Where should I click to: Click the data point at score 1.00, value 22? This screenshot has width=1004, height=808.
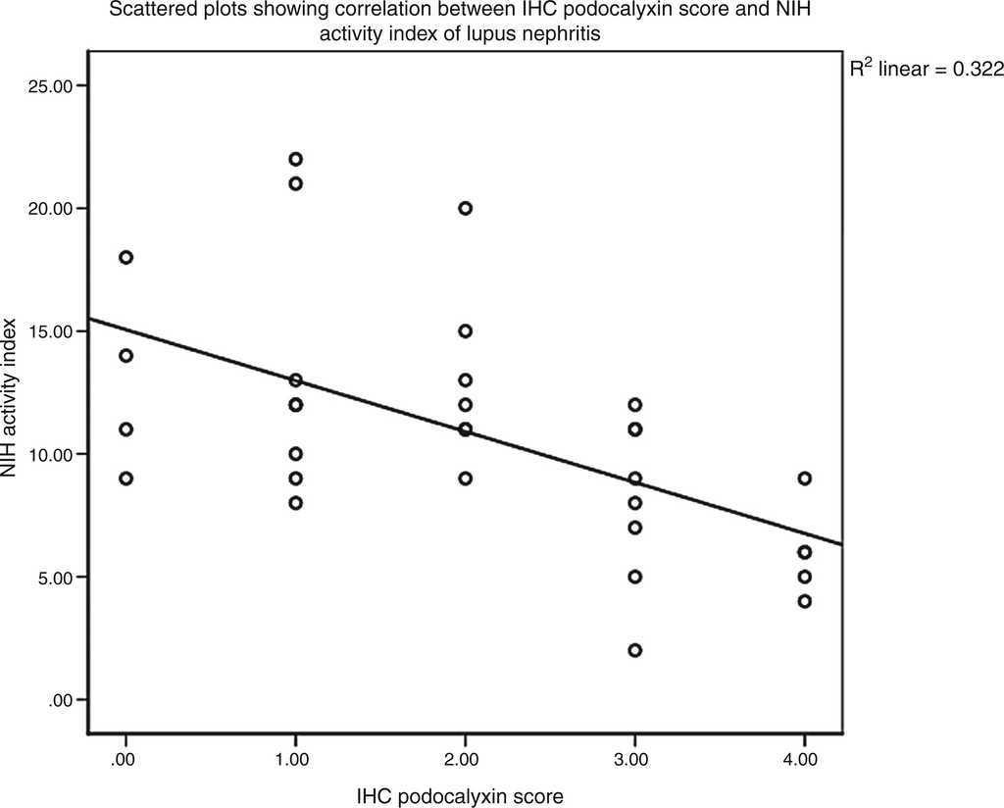click(x=295, y=159)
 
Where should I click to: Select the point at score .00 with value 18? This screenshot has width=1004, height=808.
click(x=125, y=257)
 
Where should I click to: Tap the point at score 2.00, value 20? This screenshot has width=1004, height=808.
click(x=465, y=208)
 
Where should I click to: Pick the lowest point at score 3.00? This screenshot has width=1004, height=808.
click(x=634, y=650)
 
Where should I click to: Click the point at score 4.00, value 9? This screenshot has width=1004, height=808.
click(x=804, y=479)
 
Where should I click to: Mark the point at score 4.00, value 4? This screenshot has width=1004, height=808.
click(x=804, y=601)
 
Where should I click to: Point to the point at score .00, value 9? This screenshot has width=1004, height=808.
click(x=125, y=479)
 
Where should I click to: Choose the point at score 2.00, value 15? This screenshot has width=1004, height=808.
click(x=465, y=331)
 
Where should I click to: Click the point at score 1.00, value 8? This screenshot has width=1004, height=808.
click(x=295, y=503)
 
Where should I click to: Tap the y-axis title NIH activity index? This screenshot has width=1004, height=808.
click(x=11, y=396)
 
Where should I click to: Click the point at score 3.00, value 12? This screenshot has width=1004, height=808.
click(x=634, y=405)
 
